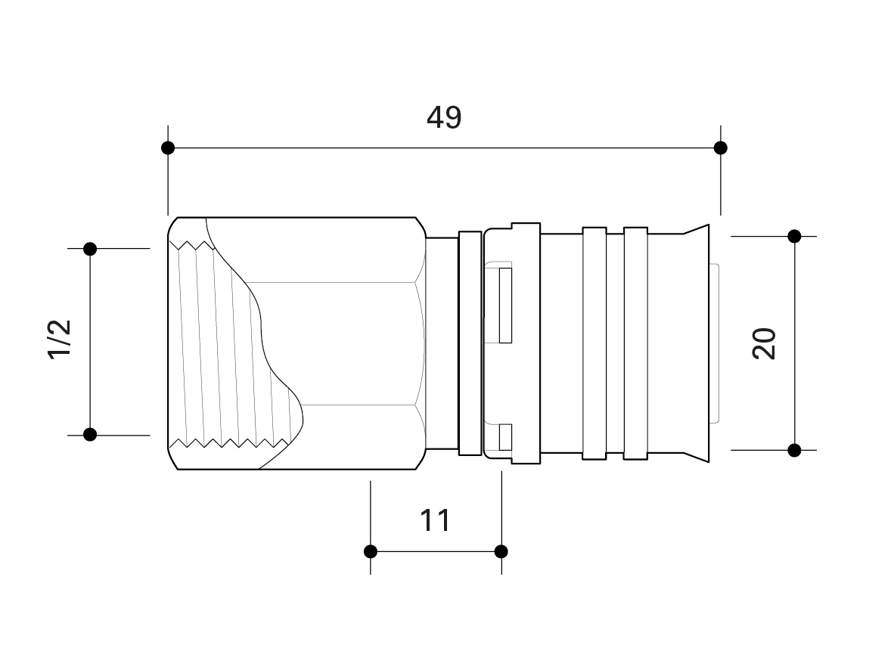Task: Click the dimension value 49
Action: tap(443, 117)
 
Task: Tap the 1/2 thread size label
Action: tap(59, 339)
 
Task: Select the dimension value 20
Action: tap(764, 343)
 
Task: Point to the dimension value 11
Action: tap(434, 520)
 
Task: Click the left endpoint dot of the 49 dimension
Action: tap(168, 148)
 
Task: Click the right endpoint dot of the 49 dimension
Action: tap(721, 148)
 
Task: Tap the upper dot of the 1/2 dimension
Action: tap(90, 249)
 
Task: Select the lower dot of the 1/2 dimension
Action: tap(90, 435)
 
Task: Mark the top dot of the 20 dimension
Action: tap(794, 236)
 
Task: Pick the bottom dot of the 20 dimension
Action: tap(794, 451)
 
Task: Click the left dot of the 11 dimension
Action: tap(371, 551)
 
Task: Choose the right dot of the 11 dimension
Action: tap(501, 551)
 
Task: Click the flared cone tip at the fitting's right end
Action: tap(697, 343)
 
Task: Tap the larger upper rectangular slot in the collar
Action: tap(505, 306)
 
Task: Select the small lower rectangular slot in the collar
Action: tap(505, 437)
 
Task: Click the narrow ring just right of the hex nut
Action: tap(470, 343)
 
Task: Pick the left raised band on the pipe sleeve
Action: tap(594, 343)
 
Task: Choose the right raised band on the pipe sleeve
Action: tap(636, 343)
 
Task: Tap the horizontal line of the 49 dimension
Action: tap(444, 148)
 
